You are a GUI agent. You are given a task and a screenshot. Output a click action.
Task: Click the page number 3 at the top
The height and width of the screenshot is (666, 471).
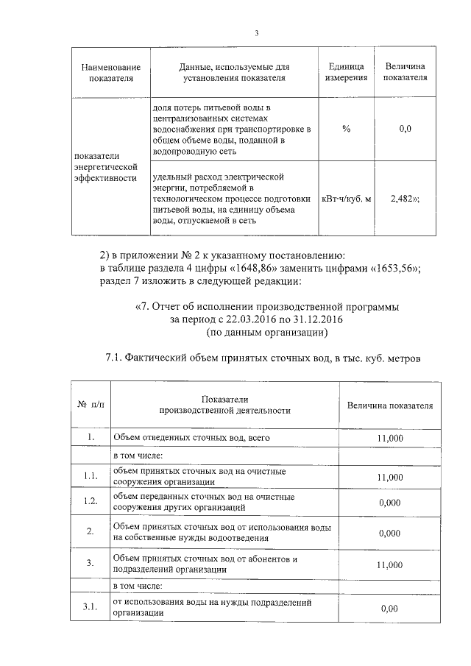point(256,32)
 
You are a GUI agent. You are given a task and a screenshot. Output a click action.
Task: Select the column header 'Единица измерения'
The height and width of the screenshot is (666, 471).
point(346,72)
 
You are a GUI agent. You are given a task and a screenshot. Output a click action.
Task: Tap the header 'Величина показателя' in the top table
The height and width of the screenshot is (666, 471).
point(404,72)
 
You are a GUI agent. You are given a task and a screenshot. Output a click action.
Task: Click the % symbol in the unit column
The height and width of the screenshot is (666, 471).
point(346,129)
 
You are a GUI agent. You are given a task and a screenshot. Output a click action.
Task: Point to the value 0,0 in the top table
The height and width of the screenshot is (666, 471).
point(404,129)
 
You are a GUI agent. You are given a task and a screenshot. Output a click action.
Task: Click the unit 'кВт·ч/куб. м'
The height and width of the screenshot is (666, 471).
point(346,199)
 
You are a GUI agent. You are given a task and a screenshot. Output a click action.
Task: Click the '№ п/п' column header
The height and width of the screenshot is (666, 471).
point(91,405)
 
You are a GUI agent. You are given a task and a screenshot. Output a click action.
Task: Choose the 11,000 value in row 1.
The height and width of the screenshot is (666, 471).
point(389,438)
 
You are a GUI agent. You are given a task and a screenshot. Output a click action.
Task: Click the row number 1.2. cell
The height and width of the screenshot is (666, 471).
point(91,502)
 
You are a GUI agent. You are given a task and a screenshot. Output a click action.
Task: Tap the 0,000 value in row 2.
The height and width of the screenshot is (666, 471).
point(389,534)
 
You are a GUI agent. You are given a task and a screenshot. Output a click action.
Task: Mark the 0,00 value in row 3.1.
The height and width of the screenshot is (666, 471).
point(389,608)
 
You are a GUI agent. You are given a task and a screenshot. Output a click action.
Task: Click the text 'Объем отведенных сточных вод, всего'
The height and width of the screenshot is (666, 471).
point(182,438)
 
